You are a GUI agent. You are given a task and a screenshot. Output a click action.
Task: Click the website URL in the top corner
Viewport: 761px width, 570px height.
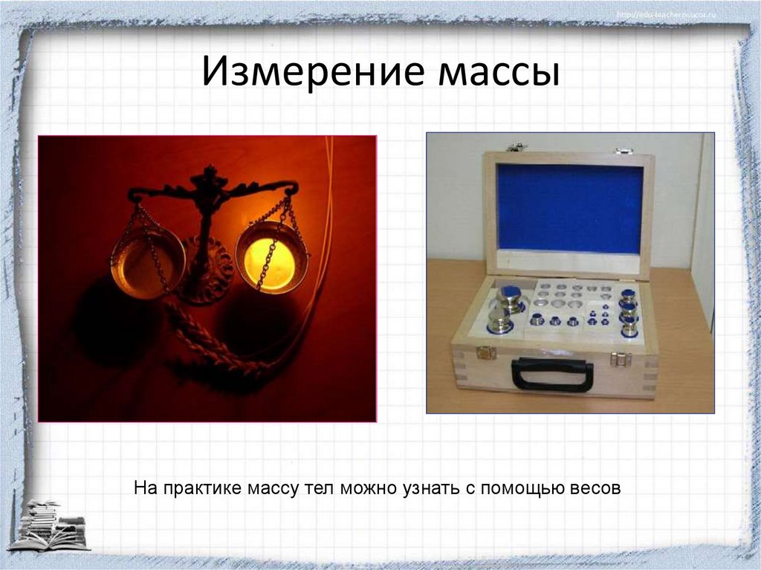[665, 15]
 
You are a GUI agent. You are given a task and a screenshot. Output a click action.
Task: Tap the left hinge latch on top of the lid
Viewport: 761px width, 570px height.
[515, 147]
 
